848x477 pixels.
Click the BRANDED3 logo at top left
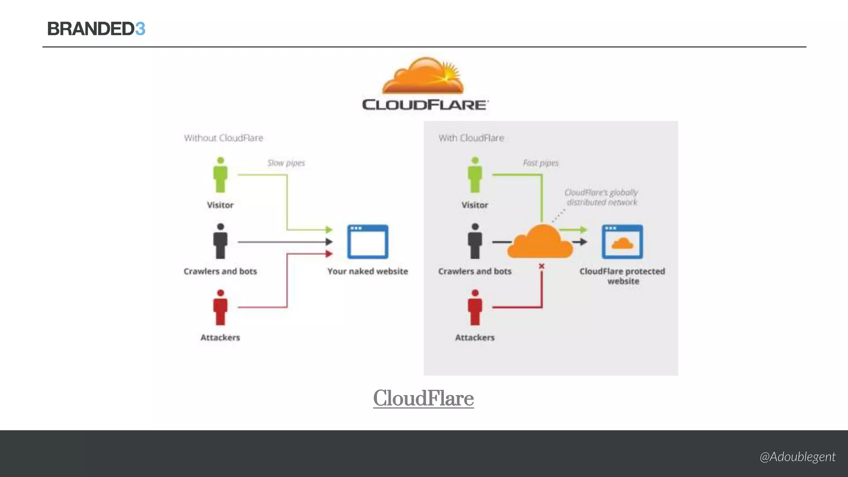[96, 29]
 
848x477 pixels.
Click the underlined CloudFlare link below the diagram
[423, 398]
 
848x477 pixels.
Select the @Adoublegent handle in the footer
[797, 457]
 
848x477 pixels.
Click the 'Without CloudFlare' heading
[224, 138]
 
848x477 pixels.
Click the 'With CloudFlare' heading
[471, 138]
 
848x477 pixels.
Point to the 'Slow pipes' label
[286, 163]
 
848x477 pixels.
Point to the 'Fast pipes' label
[540, 163]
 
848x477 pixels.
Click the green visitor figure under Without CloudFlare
[220, 175]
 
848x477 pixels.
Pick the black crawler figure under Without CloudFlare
[220, 241]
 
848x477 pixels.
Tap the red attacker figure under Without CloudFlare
[220, 308]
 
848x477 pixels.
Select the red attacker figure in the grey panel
[475, 308]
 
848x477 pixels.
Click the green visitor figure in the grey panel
[475, 175]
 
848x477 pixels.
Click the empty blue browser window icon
[368, 242]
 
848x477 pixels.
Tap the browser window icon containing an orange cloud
[622, 242]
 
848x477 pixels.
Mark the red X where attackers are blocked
[542, 266]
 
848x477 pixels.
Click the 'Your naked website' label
[368, 271]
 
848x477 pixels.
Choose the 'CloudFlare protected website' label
[622, 276]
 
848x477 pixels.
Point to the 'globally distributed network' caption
[601, 198]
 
